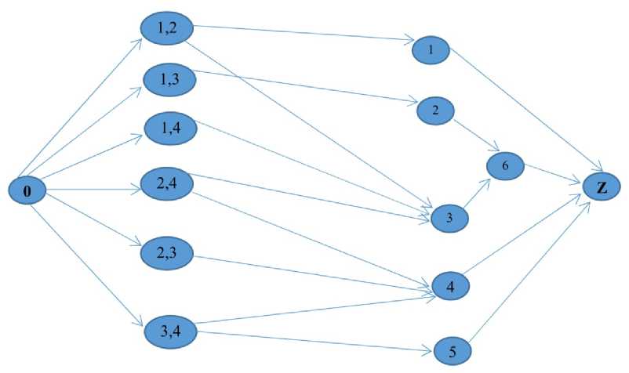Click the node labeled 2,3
click(167, 252)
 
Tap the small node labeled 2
click(434, 110)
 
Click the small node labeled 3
click(449, 217)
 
